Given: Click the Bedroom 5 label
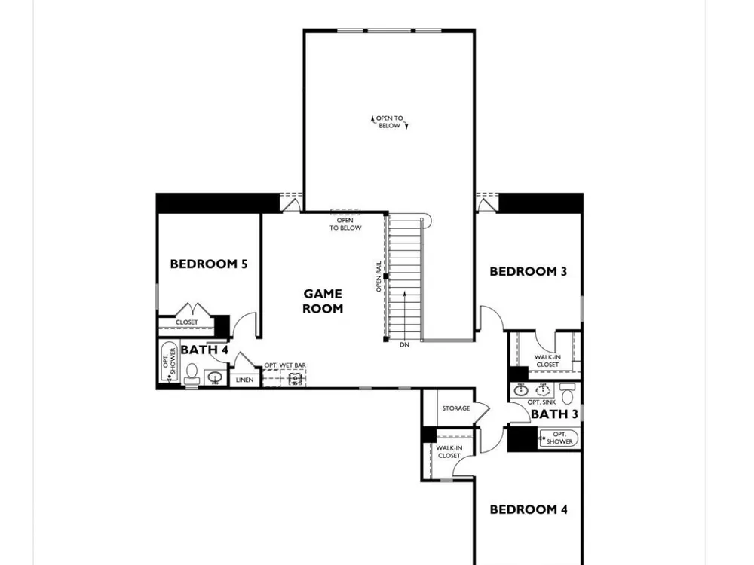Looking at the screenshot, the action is (209, 264).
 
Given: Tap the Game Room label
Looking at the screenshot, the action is (323, 301).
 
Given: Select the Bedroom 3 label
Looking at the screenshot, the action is (528, 271).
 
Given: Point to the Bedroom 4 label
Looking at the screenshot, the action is (529, 509).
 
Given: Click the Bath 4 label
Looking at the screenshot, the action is (204, 350).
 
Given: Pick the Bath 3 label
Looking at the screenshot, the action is (554, 414).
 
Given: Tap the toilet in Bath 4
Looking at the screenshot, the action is (192, 374).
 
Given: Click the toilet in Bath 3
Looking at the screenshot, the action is (569, 394).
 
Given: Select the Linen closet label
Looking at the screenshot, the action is (244, 380).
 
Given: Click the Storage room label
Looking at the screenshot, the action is (456, 408).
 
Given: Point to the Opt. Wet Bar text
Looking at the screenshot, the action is (285, 365).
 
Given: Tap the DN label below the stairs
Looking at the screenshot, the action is (404, 344).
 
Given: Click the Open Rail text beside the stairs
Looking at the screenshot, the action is (379, 276).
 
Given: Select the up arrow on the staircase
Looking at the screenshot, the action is (404, 315).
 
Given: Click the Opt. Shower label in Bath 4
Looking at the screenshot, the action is (169, 362).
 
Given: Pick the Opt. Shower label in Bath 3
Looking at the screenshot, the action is (559, 438).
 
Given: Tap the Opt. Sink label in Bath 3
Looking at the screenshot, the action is (541, 402).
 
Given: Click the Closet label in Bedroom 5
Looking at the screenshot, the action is (186, 322).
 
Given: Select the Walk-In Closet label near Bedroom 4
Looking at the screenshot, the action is (449, 451).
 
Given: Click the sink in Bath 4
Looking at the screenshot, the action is (215, 377).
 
